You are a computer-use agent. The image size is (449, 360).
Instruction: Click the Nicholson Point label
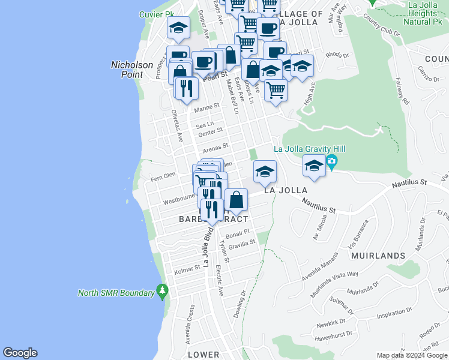tap(127, 70)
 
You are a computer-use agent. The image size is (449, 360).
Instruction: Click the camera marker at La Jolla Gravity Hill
tap(332, 161)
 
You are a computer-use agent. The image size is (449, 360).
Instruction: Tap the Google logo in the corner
tap(20, 353)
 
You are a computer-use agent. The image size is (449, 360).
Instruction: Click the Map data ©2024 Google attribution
tap(411, 355)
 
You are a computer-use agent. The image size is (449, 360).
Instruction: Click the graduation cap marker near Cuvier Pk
tap(178, 28)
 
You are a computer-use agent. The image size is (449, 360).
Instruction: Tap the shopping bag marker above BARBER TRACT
tap(237, 200)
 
